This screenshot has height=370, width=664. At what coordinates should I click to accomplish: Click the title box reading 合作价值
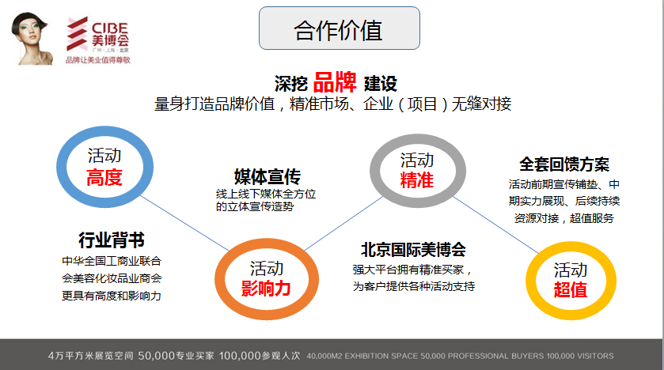pos(340,28)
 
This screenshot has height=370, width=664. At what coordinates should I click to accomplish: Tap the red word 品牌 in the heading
pos(335,82)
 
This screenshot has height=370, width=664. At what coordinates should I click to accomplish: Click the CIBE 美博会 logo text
pos(110,34)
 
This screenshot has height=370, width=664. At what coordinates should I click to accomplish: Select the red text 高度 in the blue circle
pos(104,178)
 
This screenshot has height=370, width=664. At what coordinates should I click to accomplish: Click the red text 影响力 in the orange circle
pos(266,289)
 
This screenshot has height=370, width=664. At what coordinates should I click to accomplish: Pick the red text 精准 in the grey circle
pos(417,180)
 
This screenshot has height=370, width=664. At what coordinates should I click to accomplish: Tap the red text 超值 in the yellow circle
pos(571,290)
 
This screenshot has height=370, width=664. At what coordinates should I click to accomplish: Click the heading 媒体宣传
pos(267,177)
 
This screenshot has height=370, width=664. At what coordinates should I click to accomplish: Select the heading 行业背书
pos(112,240)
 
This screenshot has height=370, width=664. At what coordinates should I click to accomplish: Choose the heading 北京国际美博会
pos(413,250)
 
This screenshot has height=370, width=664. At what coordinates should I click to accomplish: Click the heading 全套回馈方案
pos(564,164)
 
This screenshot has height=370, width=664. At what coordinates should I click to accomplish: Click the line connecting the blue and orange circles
pos(184,222)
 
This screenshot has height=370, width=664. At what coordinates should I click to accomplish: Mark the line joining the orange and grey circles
pos(343,223)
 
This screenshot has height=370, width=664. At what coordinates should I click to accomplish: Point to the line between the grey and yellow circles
pos(495,225)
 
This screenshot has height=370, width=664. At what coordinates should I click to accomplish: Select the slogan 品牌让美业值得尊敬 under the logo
pos(98,60)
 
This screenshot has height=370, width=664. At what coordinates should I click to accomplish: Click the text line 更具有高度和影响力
pos(112,296)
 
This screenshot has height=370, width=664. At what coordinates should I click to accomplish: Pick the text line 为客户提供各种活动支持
pos(414,286)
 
